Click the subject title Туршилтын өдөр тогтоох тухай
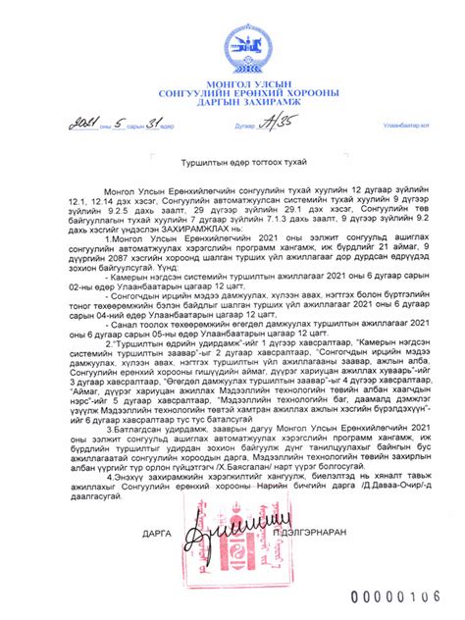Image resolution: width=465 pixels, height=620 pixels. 232,160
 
